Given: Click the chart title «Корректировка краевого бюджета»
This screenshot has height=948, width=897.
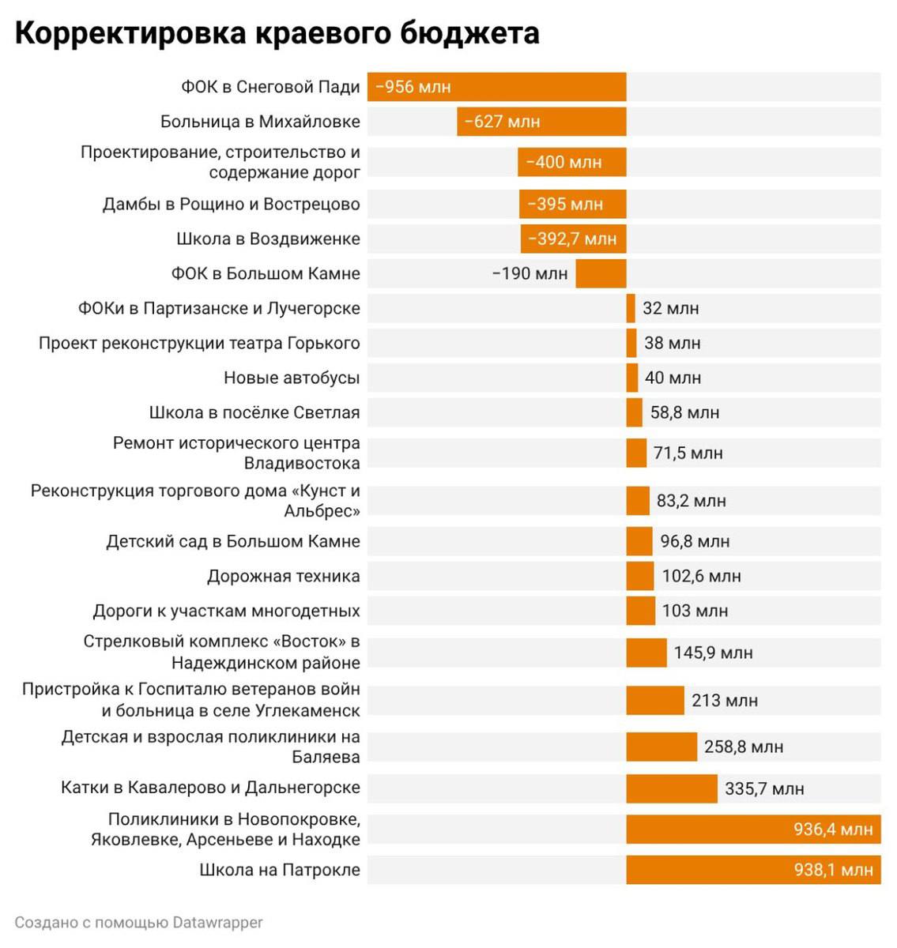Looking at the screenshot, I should tap(277, 33).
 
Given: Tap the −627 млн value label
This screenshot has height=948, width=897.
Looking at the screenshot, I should tap(502, 122).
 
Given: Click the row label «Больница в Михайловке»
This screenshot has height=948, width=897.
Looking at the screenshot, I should tap(260, 122).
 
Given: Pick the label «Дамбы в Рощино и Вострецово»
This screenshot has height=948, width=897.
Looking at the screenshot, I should tap(231, 204).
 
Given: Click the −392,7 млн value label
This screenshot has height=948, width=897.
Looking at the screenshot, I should tap(572, 239).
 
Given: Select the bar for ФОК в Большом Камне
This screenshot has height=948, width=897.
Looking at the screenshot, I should tap(601, 273).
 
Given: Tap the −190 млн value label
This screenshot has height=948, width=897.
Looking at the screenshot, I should tap(530, 273).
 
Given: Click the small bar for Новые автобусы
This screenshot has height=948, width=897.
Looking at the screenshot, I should tap(632, 378).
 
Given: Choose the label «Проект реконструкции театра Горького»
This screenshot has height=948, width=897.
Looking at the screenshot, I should tap(199, 343).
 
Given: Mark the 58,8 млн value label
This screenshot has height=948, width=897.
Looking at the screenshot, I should tap(684, 412).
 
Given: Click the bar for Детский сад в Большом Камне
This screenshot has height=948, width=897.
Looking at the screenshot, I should tap(639, 541).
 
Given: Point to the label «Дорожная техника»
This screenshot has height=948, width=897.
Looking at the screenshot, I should tap(283, 576).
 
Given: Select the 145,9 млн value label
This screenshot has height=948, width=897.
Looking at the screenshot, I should tap(713, 653).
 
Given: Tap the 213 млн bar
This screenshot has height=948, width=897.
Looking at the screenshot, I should tap(655, 700).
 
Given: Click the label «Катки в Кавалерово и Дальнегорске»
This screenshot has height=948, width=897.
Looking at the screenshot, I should tap(210, 788).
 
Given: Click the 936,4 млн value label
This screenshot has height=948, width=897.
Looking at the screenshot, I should tap(833, 829).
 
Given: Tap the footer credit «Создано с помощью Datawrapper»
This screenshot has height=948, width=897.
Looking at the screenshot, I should tap(138, 922).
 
